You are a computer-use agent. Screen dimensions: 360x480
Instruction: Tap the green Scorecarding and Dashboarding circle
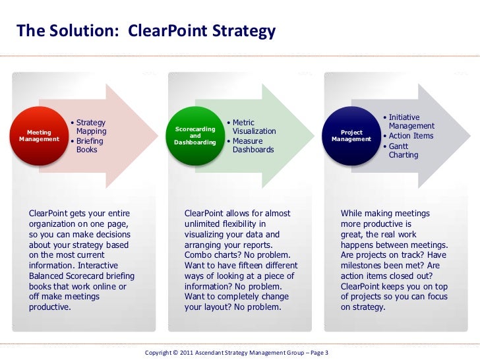point(195,135)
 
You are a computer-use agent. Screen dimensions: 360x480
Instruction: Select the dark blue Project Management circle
point(351,135)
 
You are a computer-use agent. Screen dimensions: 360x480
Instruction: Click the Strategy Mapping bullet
point(91,127)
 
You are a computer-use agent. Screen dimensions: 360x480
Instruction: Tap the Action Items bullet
point(411,136)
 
